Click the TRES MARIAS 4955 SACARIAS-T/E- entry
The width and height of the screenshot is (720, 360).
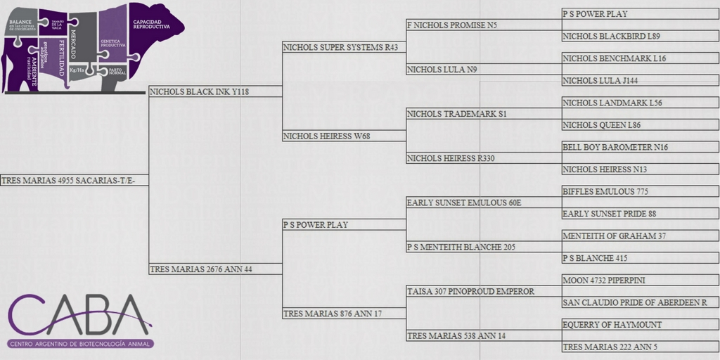74,181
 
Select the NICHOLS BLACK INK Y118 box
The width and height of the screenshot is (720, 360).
200,91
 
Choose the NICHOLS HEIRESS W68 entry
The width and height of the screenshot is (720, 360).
326,136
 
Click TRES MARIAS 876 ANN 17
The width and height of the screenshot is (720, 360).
333,314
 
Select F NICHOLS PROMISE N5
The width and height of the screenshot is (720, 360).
452,25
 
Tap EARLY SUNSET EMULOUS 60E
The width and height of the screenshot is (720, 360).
465,202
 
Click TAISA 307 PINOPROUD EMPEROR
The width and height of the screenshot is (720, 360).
470,291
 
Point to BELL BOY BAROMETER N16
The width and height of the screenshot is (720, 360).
615,147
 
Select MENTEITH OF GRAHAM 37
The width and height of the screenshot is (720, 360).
615,236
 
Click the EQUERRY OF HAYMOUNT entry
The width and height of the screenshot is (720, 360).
612,325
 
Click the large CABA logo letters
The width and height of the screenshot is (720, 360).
79,315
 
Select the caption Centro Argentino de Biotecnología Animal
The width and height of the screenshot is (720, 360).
81,344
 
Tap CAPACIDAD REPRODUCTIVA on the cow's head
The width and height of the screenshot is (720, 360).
151,24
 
